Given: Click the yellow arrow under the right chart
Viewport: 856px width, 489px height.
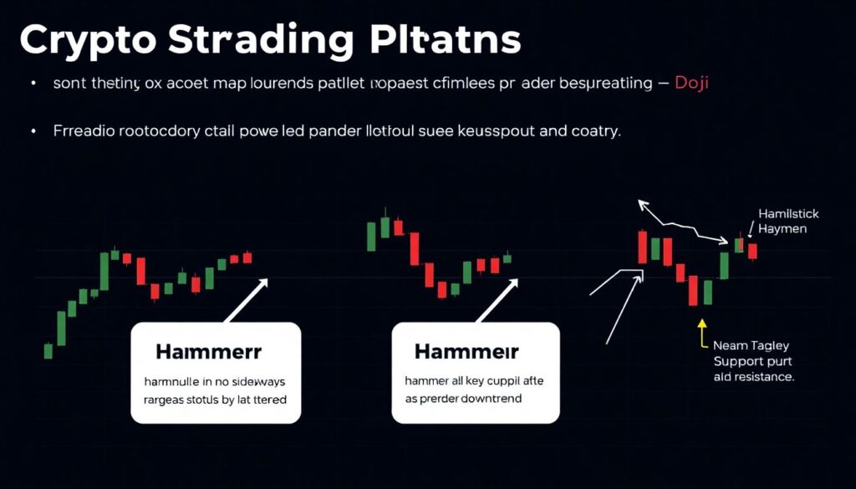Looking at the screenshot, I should coord(701,331).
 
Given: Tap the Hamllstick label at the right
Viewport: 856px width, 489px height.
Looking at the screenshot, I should coord(788,213).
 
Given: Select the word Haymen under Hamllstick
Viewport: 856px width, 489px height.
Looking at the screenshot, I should coord(782,228).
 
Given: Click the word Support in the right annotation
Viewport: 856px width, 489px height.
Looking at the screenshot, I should coord(739,361).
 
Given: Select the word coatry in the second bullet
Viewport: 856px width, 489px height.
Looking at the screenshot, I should coord(596,131).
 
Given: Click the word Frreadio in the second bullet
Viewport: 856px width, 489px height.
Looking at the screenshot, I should coord(83,131).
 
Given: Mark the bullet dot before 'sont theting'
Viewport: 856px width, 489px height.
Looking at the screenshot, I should coord(33,84).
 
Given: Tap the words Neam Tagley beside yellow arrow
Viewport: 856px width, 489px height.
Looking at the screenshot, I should coord(751,345).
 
